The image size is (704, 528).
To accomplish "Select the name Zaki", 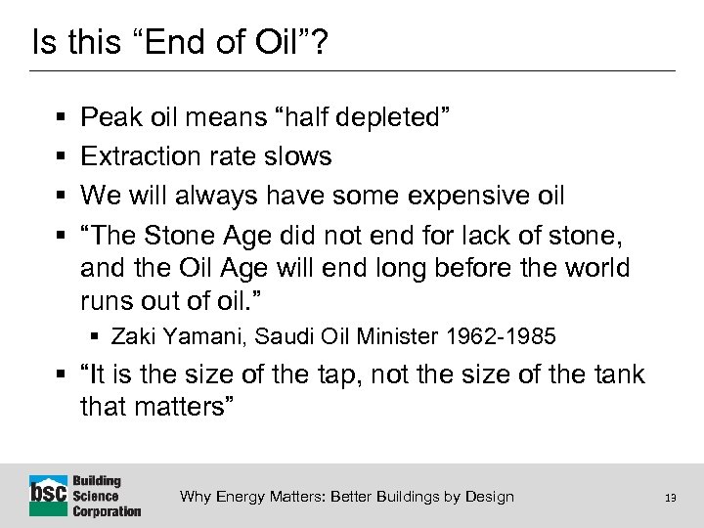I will point(132,337).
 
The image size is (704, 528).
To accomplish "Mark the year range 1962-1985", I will point(500,337).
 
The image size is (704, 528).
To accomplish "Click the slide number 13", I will point(670,498).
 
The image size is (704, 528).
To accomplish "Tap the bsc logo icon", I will point(48,495).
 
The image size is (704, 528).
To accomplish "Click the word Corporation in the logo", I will point(107,510).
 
